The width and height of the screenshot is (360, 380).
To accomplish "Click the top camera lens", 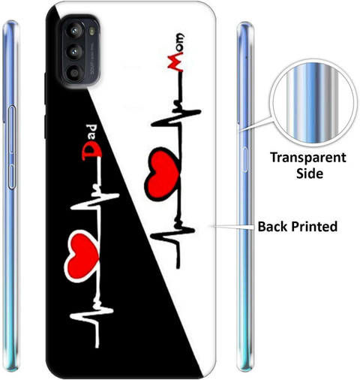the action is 74,31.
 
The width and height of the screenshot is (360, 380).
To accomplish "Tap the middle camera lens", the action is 74,53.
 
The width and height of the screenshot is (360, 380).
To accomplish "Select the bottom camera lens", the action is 74,73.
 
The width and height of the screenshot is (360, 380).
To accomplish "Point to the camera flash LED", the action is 92,31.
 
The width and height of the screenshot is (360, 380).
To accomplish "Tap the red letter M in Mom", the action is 175,62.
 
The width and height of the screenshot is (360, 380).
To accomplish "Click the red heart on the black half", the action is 82,256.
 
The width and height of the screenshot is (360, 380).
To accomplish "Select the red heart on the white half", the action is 163,173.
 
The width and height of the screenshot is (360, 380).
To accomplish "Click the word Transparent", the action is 308,158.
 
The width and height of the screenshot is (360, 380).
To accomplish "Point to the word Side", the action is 310,173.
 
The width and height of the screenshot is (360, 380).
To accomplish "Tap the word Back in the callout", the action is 272,227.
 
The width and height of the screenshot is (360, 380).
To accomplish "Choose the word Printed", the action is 314,227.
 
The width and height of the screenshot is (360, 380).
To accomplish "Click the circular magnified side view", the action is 312,103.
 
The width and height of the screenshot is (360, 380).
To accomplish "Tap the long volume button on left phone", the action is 12,129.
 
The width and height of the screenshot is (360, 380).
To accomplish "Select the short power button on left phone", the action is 12,176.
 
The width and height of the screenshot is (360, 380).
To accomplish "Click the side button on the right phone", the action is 245,159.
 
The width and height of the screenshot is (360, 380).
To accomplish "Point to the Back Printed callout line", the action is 232,227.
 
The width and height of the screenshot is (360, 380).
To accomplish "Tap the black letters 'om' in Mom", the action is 180,43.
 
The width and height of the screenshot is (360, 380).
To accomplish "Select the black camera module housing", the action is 79,51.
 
